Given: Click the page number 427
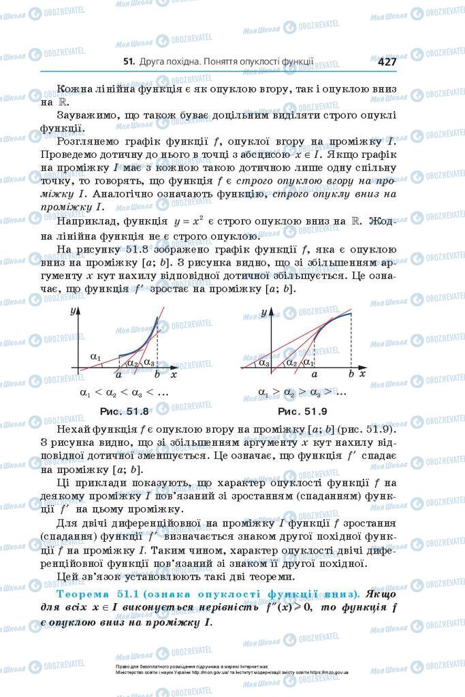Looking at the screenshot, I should (386, 61).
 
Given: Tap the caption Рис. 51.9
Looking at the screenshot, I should (303, 411).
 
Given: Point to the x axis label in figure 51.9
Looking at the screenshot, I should (362, 374).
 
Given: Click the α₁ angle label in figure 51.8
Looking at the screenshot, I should (95, 357).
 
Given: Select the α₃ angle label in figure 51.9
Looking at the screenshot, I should (264, 363).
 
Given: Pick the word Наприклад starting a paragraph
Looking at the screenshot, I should (89, 222).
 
